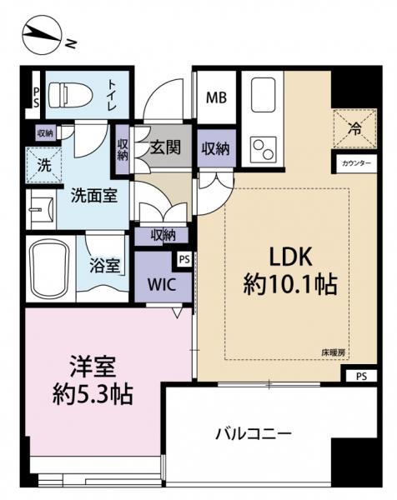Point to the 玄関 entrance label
click(166, 149)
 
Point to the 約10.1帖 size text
click(289, 286)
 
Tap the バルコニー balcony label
click(252, 434)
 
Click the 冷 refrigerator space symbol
click(354, 129)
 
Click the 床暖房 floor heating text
click(336, 353)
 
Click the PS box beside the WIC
click(184, 258)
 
